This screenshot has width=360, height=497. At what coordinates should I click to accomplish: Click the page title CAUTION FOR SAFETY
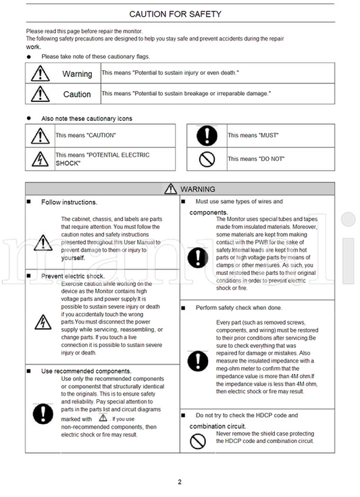pos(175,14)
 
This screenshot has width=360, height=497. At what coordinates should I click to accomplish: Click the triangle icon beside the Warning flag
pos(41,74)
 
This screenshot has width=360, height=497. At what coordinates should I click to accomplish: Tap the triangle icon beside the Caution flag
pos(41,94)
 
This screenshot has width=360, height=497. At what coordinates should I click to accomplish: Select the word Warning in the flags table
pos(77,74)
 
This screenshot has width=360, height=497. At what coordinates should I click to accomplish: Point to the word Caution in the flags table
pos(77,95)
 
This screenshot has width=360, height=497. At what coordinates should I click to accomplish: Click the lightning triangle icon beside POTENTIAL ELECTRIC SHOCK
pos(41,159)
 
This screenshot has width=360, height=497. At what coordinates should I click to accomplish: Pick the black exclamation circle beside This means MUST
pos(207,136)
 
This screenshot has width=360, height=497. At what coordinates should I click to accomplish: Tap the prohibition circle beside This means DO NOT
pos(207,159)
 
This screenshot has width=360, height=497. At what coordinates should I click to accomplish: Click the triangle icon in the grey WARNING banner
pos(170,188)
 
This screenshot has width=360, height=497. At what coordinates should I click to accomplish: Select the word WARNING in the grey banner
pos(198,189)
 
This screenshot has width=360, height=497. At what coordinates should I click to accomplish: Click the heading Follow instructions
pos(69,202)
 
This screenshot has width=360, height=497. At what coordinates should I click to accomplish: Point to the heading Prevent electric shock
pos(73,276)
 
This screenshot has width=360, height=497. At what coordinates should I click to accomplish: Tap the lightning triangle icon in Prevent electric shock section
pos(43,322)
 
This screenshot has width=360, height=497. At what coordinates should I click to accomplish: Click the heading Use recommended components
pos(86,371)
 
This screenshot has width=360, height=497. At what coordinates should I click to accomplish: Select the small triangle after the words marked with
pos(103,417)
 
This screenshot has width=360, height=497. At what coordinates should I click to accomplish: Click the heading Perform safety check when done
pos(239,308)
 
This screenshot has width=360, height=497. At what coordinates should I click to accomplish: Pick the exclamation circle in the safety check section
pos(198,361)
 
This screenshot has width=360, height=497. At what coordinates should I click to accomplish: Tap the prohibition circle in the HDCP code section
pos(198,441)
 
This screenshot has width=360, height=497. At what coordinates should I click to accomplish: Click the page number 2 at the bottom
pos(180,482)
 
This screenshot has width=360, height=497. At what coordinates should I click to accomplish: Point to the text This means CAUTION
pos(86,135)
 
